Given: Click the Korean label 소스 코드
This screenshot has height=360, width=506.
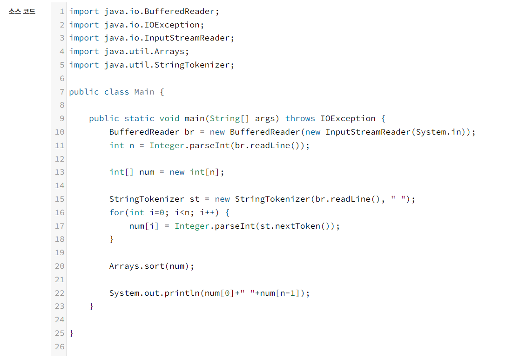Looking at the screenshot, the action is tap(22, 12).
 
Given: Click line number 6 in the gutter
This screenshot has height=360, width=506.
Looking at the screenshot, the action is tap(62, 78).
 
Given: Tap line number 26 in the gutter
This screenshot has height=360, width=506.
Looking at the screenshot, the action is tap(60, 346).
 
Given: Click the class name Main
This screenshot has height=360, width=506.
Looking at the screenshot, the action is tap(144, 92).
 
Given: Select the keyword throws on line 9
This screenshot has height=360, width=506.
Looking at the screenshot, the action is tap(300, 118).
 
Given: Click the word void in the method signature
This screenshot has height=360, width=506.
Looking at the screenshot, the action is tap(169, 118).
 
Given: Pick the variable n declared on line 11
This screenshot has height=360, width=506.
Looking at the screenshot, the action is tap(132, 145).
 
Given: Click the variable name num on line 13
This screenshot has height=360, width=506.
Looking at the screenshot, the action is tap(147, 172).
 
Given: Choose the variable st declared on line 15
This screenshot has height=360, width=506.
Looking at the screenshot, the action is tap(195, 199).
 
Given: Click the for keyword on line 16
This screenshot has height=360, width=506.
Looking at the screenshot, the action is tap(116, 212).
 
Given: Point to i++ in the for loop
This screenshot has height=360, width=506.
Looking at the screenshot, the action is tap(207, 212).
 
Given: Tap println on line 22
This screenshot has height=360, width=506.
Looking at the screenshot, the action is tap(182, 293).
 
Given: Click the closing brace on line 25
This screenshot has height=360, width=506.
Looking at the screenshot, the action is tap(71, 333).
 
